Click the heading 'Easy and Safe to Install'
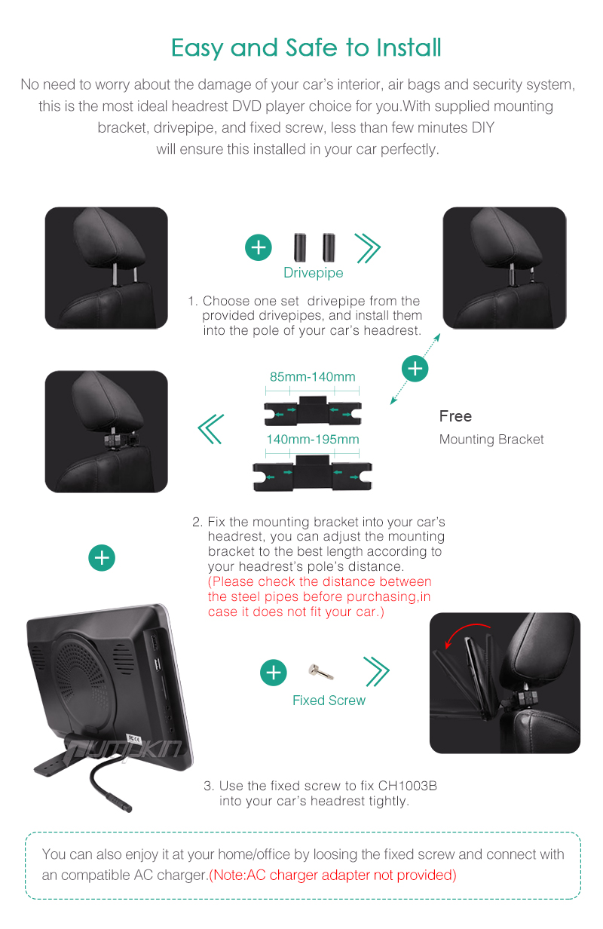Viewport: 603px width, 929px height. pyautogui.click(x=306, y=48)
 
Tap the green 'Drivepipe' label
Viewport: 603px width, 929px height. pyautogui.click(x=314, y=272)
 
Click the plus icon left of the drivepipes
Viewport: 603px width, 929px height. pyautogui.click(x=259, y=247)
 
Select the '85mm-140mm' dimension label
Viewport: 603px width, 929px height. pyautogui.click(x=313, y=376)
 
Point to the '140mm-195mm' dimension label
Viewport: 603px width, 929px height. pyautogui.click(x=313, y=439)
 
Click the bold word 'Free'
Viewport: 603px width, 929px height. pyautogui.click(x=455, y=416)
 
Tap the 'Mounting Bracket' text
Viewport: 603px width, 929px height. pyautogui.click(x=491, y=439)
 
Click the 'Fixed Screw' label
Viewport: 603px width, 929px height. pyautogui.click(x=329, y=700)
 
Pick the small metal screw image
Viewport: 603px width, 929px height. pyautogui.click(x=321, y=671)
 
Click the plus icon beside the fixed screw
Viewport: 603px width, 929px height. pyautogui.click(x=273, y=673)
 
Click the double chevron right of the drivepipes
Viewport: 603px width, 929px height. pyautogui.click(x=367, y=248)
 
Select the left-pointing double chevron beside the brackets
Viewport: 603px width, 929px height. pyautogui.click(x=211, y=429)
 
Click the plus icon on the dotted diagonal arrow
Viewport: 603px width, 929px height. pyautogui.click(x=415, y=369)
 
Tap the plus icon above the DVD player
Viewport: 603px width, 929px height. pyautogui.click(x=102, y=558)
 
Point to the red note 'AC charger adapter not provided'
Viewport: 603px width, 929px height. pyautogui.click(x=332, y=875)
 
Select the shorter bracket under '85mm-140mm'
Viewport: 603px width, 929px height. pyautogui.click(x=313, y=410)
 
